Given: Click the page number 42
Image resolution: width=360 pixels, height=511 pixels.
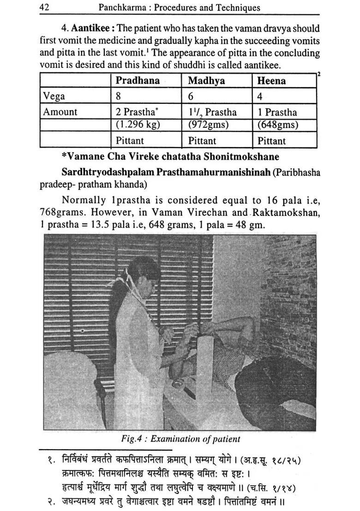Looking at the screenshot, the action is tap(45, 7).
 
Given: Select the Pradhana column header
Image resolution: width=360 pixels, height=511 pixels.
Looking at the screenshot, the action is tap(138, 81).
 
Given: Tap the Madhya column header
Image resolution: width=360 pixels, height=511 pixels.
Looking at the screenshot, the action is tap(206, 81).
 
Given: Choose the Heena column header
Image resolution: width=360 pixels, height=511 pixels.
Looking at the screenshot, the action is tap(271, 81).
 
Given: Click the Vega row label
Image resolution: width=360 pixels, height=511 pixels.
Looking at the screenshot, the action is tap(54, 96).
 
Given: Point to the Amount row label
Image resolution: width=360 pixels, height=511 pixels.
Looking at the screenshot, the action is tap(60, 112).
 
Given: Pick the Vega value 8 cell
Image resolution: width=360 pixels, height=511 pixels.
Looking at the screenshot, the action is tap(119, 96).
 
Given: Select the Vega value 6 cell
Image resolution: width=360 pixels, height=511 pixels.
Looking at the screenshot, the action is tap(191, 96).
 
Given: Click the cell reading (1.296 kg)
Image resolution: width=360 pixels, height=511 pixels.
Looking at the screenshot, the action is tap(136, 125).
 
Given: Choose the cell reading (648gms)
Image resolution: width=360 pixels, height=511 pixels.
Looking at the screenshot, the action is tap(277, 125).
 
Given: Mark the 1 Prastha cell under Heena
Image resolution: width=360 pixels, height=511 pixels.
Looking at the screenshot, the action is tap(277, 112).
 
